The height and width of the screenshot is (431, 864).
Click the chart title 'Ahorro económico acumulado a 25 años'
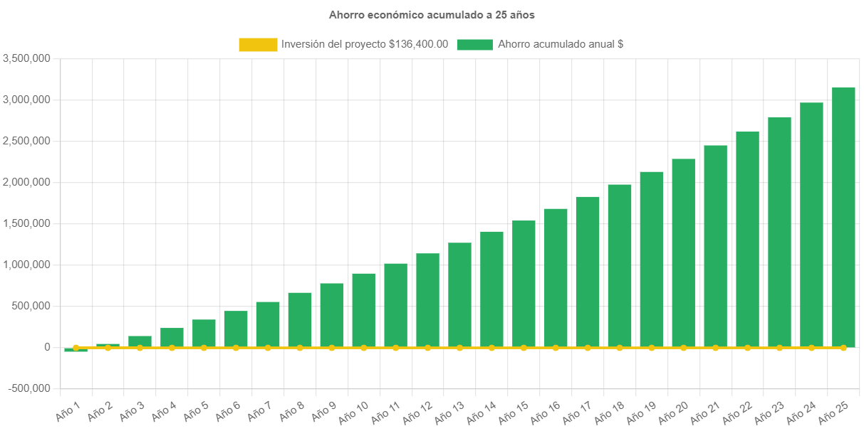(x=432, y=14)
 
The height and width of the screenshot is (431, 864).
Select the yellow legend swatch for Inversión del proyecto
(x=258, y=45)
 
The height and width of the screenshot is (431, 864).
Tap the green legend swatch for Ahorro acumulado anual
(x=474, y=45)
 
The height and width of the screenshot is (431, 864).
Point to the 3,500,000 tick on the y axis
(x=26, y=58)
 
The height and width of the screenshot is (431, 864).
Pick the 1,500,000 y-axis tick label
(x=26, y=223)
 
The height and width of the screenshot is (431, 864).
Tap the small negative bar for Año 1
(x=76, y=350)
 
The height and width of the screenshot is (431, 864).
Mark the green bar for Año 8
(x=300, y=319)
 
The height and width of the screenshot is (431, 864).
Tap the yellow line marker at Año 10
(x=363, y=348)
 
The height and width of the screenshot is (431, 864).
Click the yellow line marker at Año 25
(x=843, y=348)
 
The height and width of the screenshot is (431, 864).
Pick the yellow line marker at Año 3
(x=140, y=348)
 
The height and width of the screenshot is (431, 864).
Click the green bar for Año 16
(x=556, y=277)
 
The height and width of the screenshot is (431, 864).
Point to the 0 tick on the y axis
(x=46, y=347)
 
